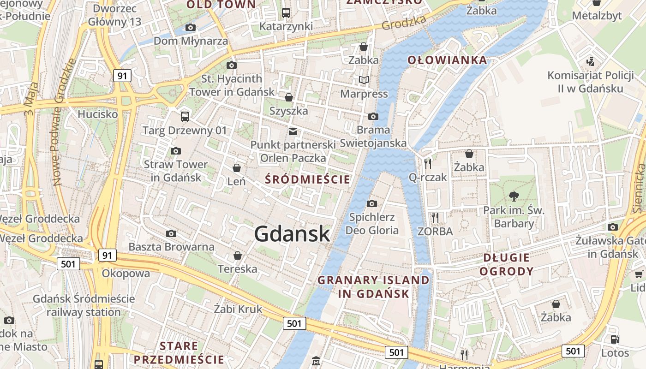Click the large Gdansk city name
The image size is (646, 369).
coord(292,234)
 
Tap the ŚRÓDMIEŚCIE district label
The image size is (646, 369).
coord(308,179)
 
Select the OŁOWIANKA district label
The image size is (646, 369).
coord(447,60)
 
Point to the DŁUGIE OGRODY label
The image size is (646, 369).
coord(506,264)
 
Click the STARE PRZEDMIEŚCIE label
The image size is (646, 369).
coord(179,353)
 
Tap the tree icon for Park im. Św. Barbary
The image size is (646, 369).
coord(514,197)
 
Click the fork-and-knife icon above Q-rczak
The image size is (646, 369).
coord(428,163)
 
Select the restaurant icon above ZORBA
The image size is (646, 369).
coord(435,217)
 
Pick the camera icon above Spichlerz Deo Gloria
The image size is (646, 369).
coord(371,203)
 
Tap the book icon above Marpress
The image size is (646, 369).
coord(364,80)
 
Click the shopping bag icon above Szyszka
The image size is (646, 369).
coord(289,97)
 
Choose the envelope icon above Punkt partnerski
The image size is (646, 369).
coord(293,131)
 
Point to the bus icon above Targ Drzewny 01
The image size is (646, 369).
coord(185,116)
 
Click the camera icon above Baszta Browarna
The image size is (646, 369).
coord(171,233)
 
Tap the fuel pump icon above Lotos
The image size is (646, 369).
coord(615,339)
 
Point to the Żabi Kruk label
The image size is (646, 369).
coord(238,309)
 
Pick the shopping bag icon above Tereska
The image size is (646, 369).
coord(238,255)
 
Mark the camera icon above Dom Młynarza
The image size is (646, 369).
coord(191,28)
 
